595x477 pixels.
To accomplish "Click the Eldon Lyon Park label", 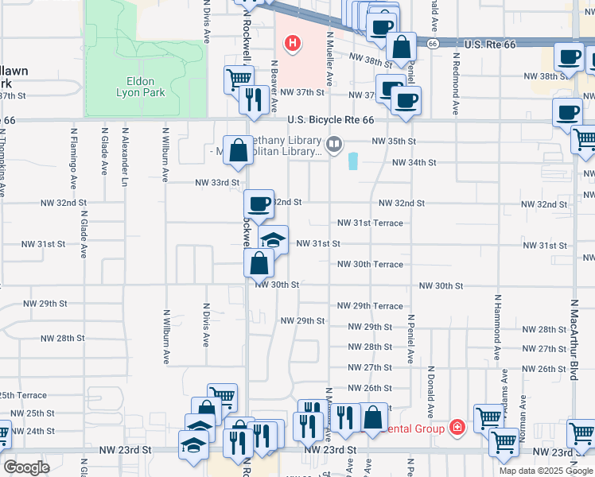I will tap(145, 87).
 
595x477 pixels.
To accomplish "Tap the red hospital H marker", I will tap(293, 42).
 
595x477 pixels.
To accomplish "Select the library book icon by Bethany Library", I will tap(335, 145).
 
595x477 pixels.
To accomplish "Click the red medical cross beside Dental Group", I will tap(457, 428).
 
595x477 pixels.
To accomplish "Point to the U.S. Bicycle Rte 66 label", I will tap(330, 120).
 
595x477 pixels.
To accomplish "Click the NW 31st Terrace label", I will tap(370, 223).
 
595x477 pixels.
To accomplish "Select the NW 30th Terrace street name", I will tap(370, 265).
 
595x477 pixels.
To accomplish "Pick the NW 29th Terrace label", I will tap(370, 306).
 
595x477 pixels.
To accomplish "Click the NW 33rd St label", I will tap(217, 183).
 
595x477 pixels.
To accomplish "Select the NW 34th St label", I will tap(414, 162).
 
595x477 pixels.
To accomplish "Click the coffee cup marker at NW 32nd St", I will tap(259, 204).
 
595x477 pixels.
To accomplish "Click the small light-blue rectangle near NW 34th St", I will tap(353, 161).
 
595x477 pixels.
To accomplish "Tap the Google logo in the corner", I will tap(26, 467).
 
